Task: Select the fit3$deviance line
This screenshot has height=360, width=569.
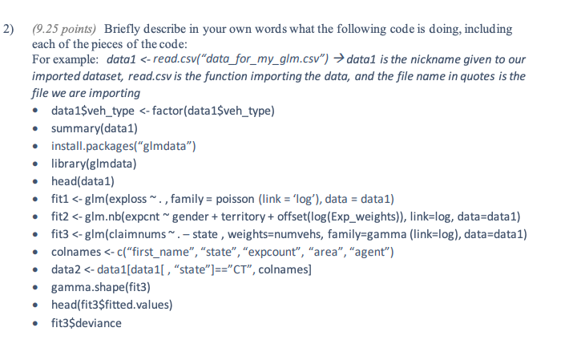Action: point(87,322)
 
